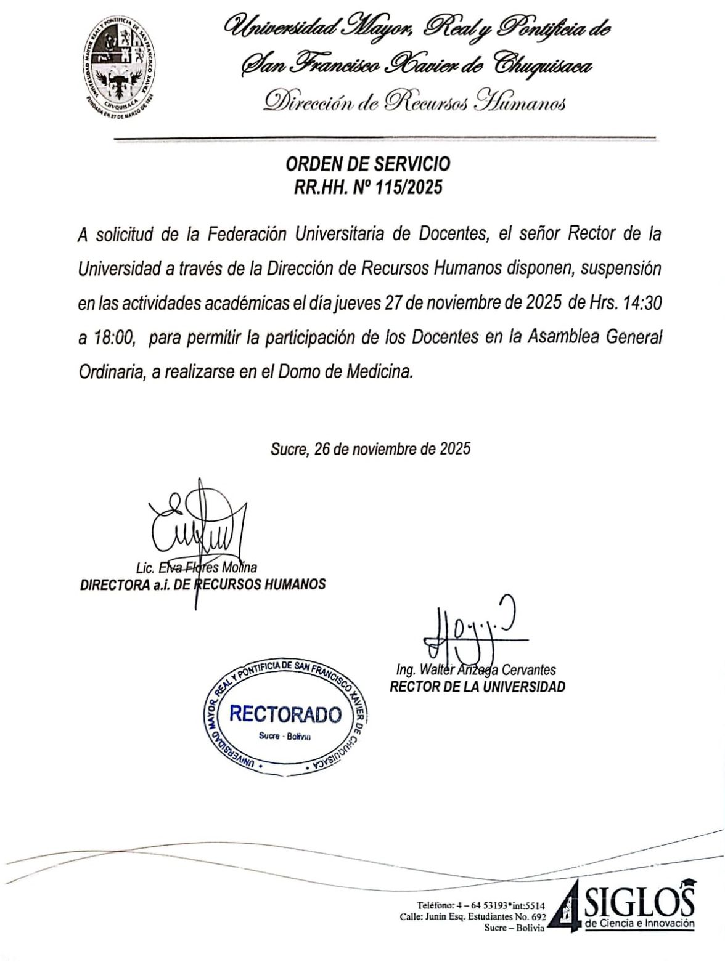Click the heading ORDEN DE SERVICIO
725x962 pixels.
click(x=368, y=164)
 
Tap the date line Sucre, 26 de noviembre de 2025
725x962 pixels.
click(x=371, y=448)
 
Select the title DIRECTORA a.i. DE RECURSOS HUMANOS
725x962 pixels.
click(x=203, y=584)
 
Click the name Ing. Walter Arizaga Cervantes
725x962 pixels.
click(x=477, y=669)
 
